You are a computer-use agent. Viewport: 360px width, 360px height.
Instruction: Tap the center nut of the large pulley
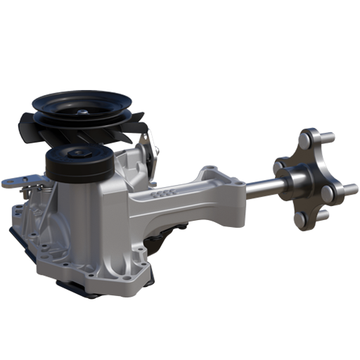pos(83,110)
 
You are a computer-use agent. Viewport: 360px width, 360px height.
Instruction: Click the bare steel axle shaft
pos(264,187)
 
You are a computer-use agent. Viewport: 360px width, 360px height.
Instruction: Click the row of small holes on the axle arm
pos(163,192)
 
